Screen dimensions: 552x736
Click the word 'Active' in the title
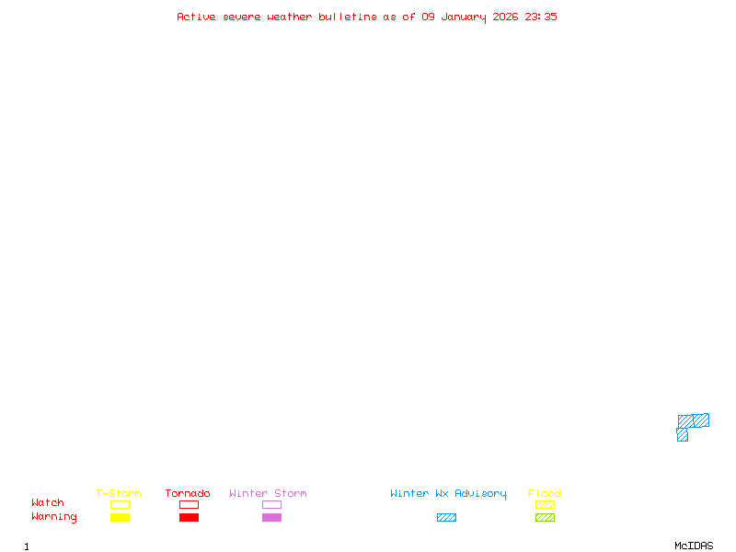coord(195,17)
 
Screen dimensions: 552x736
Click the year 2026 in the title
coord(506,17)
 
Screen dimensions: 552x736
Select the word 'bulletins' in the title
coord(348,17)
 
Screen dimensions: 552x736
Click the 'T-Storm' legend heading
coord(119,494)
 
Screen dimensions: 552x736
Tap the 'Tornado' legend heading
coord(188,494)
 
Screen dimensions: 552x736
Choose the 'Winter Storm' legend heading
coord(268,494)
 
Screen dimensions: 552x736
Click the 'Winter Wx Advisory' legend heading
coord(448,494)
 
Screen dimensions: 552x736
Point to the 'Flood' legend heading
coord(545,494)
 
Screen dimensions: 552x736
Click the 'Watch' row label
coord(48,503)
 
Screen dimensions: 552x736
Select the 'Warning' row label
coord(54,517)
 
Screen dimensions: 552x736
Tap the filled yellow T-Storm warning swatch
coord(120,518)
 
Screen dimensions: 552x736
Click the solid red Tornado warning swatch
coord(189,518)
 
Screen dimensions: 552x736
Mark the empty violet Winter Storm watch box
coord(271,505)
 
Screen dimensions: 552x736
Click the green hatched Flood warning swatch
coord(545,518)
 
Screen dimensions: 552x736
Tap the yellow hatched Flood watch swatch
coord(545,505)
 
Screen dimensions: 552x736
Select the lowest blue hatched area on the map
coord(682,435)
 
